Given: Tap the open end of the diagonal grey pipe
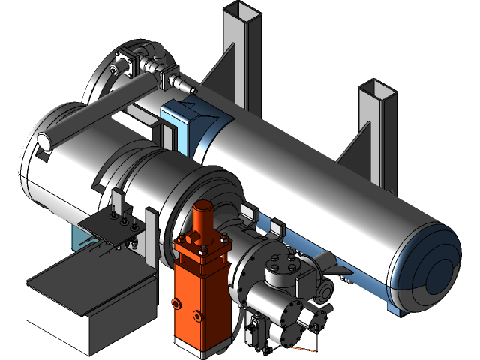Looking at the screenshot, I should pyautogui.click(x=43, y=140).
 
